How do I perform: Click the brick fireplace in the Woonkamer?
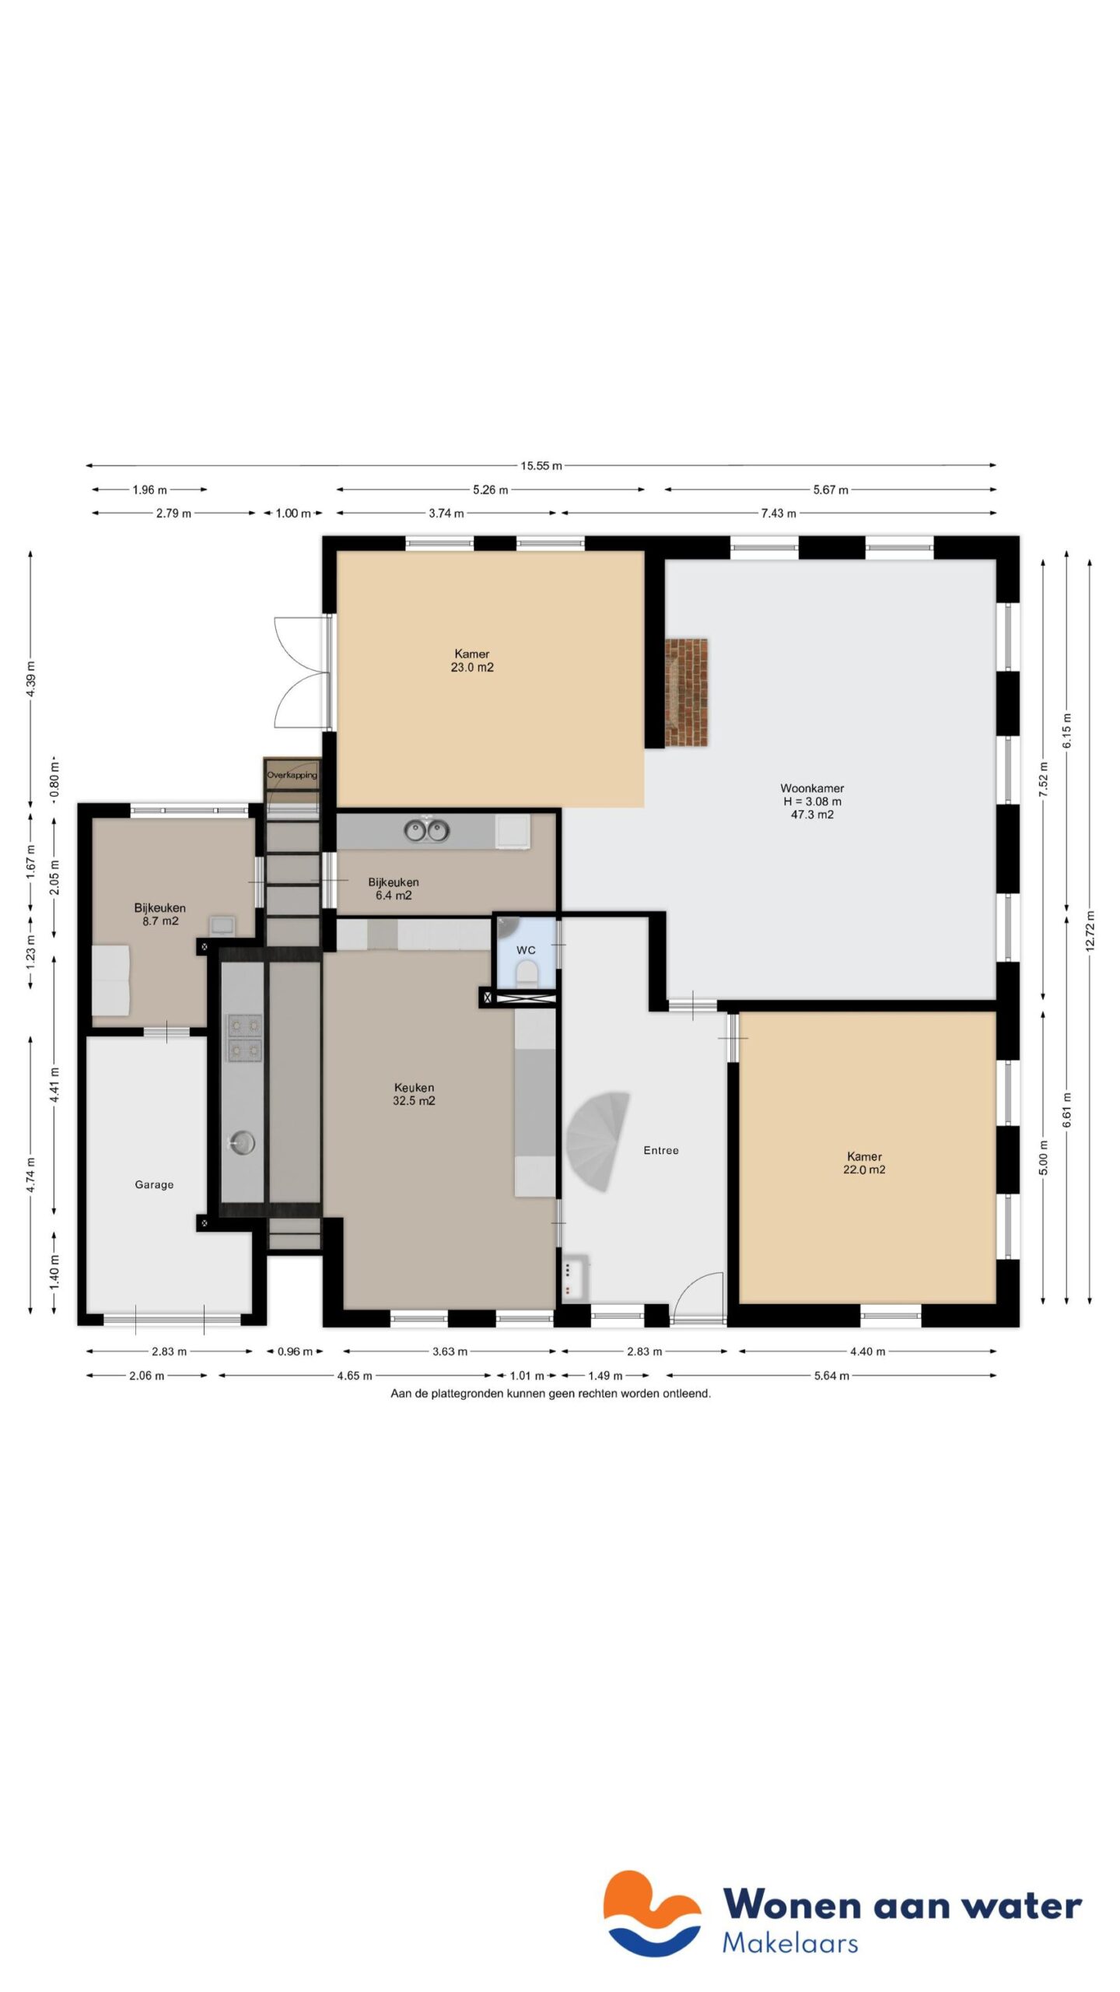(686, 692)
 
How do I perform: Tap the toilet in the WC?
(527, 973)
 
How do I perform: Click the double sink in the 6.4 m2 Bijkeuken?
(427, 830)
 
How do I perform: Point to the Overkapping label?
(292, 775)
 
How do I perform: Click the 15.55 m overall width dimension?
(541, 466)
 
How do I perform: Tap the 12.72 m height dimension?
(1090, 930)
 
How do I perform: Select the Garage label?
(154, 1184)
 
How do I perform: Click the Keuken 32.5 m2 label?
(414, 1094)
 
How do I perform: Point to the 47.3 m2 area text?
(812, 815)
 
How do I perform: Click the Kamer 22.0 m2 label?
(864, 1163)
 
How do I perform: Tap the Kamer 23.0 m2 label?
(472, 661)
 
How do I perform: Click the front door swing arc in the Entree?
(698, 1292)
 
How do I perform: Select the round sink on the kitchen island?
(242, 1143)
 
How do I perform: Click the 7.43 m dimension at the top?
(778, 514)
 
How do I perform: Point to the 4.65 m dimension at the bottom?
(354, 1376)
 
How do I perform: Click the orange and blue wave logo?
(652, 1913)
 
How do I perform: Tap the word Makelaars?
(789, 1943)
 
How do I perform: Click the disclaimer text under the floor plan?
(550, 1394)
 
